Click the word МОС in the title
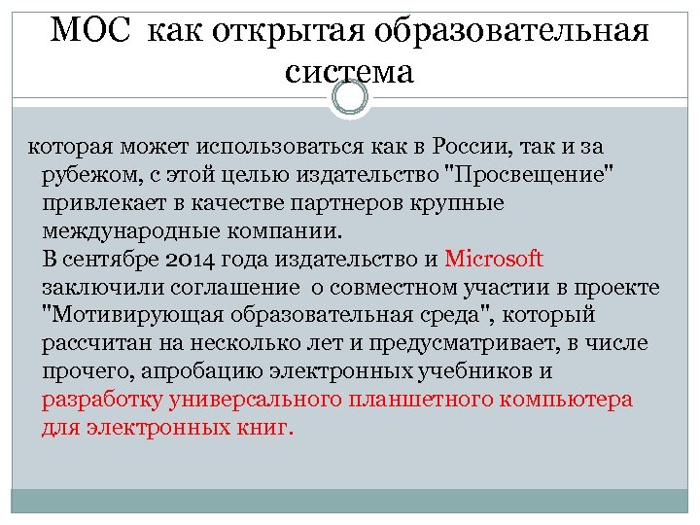pos(91,30)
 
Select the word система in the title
pos(350,72)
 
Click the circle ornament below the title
pos(350,97)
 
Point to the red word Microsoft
pos(493,260)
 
